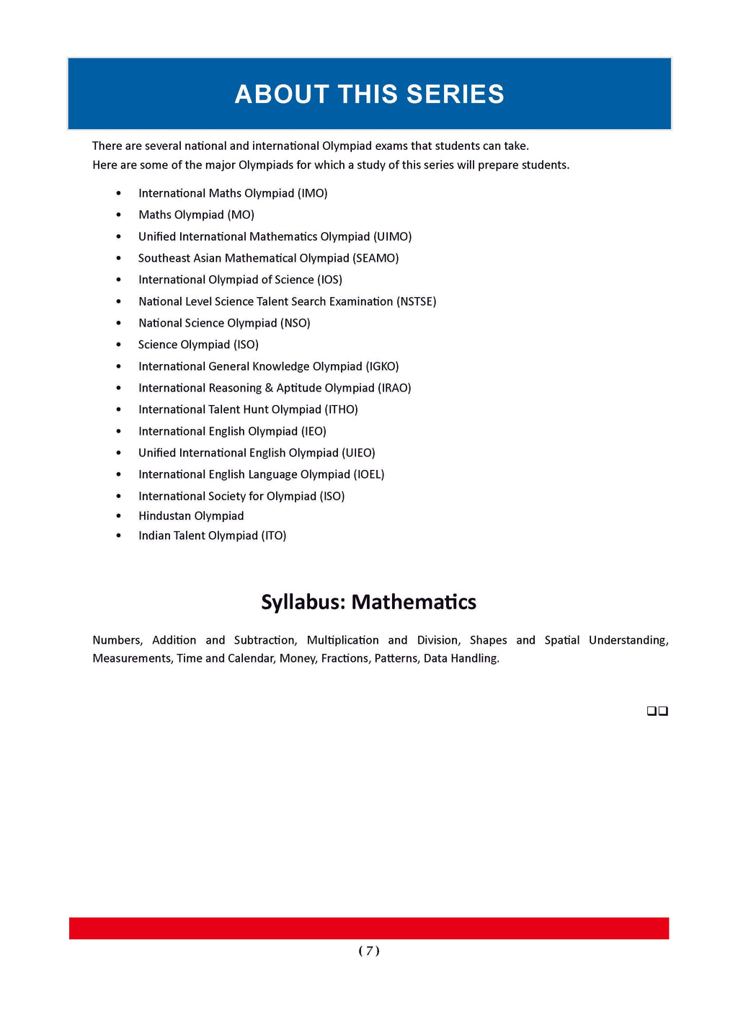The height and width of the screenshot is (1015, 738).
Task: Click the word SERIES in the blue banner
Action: [455, 94]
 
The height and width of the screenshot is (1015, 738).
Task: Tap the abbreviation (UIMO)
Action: [392, 236]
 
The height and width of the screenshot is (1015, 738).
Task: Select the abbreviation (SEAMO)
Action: [375, 258]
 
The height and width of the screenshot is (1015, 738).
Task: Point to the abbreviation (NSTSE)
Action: [416, 301]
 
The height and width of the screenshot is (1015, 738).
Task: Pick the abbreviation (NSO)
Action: [295, 323]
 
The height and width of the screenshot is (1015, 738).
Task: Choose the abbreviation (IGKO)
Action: [382, 366]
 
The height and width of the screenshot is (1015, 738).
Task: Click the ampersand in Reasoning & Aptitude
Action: [269, 388]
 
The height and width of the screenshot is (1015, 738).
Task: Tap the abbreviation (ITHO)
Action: [341, 409]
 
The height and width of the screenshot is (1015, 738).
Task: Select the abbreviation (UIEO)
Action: [358, 453]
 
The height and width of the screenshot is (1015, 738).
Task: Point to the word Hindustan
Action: [165, 516]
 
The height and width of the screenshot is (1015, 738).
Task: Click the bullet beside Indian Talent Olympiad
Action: [119, 536]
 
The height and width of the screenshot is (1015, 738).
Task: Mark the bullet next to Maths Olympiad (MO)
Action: [119, 215]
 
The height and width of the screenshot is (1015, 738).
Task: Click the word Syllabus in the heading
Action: [303, 602]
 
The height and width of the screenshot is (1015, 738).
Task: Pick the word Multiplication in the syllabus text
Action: [342, 640]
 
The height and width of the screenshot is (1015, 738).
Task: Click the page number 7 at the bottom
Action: [369, 951]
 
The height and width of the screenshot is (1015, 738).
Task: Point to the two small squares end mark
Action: [657, 711]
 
